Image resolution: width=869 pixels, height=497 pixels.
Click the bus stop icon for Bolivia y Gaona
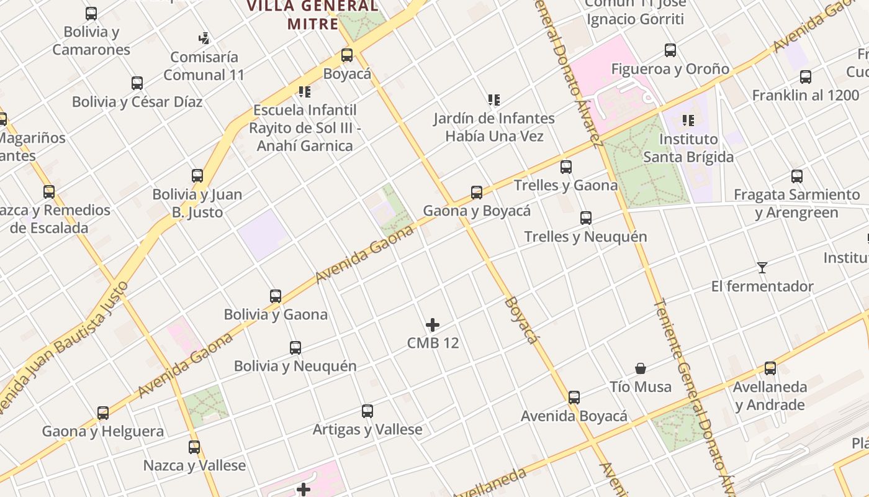[x=276, y=296]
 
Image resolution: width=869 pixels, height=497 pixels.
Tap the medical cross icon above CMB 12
[x=433, y=325]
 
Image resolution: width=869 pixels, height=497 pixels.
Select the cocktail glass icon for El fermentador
[x=762, y=268]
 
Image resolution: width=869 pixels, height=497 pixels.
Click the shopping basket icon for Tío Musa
[x=641, y=368]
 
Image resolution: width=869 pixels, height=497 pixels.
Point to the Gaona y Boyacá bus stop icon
[x=477, y=193]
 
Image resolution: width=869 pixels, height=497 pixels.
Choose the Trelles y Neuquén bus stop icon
[x=585, y=218]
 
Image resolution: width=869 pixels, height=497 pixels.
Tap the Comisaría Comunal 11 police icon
[x=204, y=39]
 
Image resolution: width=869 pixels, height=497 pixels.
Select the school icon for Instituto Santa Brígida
[x=688, y=121]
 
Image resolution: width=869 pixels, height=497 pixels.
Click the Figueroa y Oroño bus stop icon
[x=670, y=50]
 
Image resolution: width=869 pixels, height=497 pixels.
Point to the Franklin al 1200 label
[x=806, y=96]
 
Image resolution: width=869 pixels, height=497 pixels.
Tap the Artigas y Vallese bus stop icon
[x=367, y=411]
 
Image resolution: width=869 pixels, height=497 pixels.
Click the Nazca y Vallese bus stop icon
[x=194, y=447]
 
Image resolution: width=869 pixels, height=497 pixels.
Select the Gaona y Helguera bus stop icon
[x=103, y=413]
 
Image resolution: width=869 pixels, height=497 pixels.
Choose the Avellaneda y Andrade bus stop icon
[x=770, y=368]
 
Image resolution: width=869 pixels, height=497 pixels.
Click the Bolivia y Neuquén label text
[x=295, y=366]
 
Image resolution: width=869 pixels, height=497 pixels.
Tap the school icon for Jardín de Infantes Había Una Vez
[x=494, y=99]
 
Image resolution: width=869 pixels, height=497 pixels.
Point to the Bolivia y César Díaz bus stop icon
[x=137, y=83]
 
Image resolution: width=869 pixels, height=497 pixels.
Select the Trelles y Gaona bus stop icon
[x=565, y=167]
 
